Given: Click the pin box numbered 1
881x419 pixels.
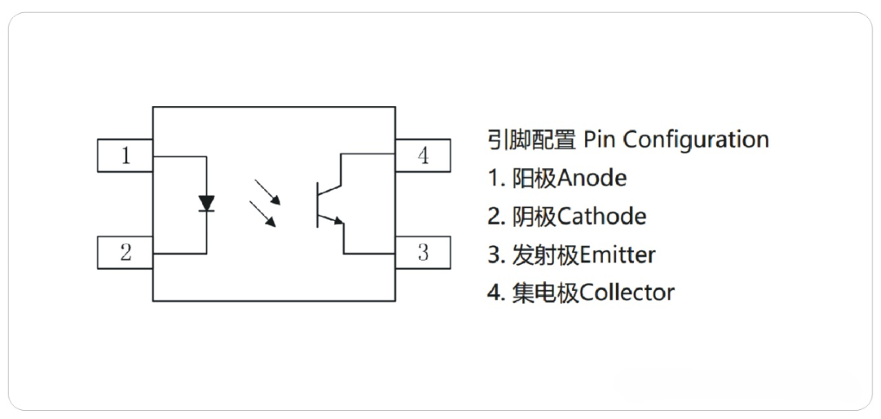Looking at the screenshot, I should click(125, 156).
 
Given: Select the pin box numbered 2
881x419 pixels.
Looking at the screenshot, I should click(125, 252).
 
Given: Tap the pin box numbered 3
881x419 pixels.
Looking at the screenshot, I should click(423, 252).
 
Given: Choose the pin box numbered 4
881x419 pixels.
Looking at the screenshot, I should click(423, 156).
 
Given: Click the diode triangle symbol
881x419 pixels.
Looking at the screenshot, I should click(207, 203).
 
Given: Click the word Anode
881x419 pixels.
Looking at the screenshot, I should click(592, 177).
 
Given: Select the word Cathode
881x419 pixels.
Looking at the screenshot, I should click(601, 216).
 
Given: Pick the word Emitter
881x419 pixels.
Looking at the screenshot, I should click(617, 255).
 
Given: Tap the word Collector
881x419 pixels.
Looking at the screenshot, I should click(626, 292).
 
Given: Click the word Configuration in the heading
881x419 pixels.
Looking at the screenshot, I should click(696, 140).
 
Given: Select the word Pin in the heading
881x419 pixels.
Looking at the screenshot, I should click(599, 140).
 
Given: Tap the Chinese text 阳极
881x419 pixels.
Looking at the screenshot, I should click(534, 177).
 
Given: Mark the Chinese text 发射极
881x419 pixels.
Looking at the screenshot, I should click(545, 255).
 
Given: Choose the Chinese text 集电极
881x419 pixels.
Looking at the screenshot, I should click(545, 292).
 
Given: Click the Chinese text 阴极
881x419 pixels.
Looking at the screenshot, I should click(534, 216).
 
